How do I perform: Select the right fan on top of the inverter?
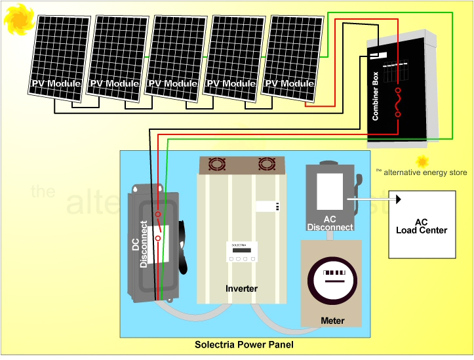[x=267, y=164]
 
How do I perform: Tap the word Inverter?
[x=241, y=289]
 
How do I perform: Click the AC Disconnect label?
[x=330, y=223]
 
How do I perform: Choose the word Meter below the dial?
[x=332, y=321]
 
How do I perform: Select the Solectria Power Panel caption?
[x=244, y=345]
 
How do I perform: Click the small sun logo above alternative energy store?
[x=422, y=161]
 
